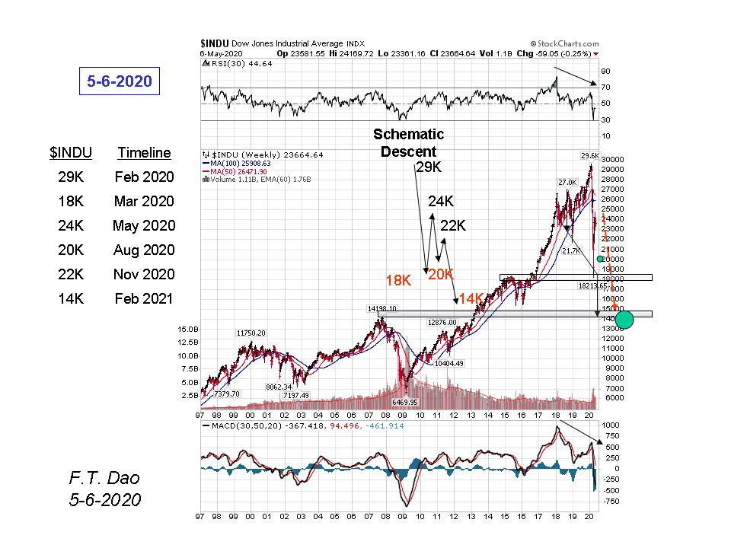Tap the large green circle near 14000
tap(624, 319)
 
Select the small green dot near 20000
tap(600, 260)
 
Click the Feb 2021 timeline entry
tap(144, 298)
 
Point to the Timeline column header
tap(144, 153)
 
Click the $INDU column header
tap(71, 153)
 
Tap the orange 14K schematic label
tap(471, 298)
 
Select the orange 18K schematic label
tap(398, 280)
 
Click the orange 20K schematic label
tap(440, 275)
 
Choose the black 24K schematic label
tap(441, 202)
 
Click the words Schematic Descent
tap(408, 142)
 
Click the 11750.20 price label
tap(251, 333)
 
